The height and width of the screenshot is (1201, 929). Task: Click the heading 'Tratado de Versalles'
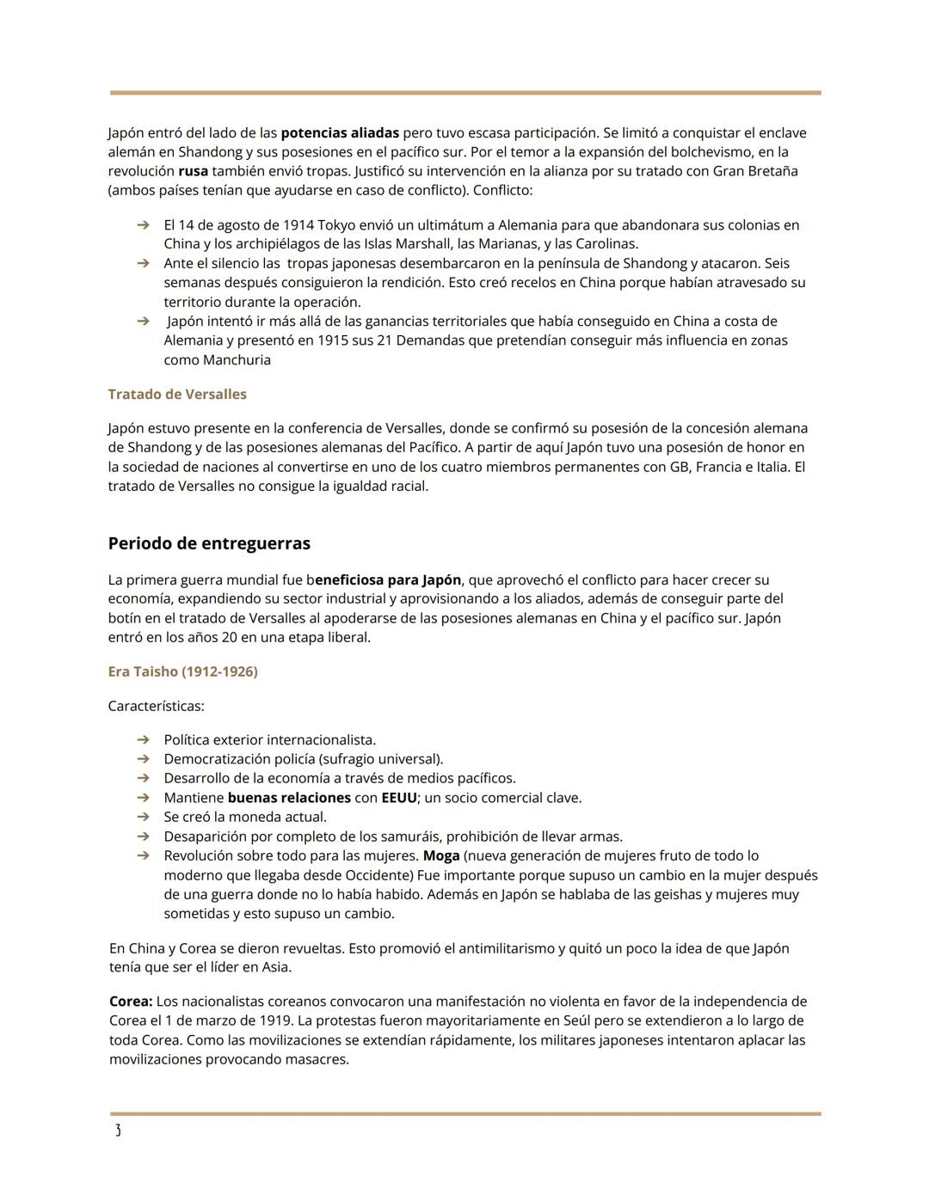[x=177, y=394]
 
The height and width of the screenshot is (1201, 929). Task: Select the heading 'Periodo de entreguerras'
[x=209, y=543]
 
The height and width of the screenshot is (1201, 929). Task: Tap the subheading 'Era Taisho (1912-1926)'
[x=182, y=671]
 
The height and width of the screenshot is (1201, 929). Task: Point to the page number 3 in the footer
[x=118, y=1131]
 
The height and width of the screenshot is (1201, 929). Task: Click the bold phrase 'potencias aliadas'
[x=340, y=132]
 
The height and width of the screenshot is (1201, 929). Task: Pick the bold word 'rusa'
[x=193, y=171]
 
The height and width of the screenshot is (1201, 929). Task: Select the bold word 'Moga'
[x=441, y=855]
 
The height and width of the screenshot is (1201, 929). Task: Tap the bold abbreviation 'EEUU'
[x=399, y=798]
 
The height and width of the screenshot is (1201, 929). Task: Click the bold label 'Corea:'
[x=131, y=1002]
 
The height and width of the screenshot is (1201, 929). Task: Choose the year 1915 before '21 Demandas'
[x=333, y=340]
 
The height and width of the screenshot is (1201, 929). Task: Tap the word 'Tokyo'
[x=336, y=225]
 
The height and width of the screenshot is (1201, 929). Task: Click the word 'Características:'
[x=156, y=706]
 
